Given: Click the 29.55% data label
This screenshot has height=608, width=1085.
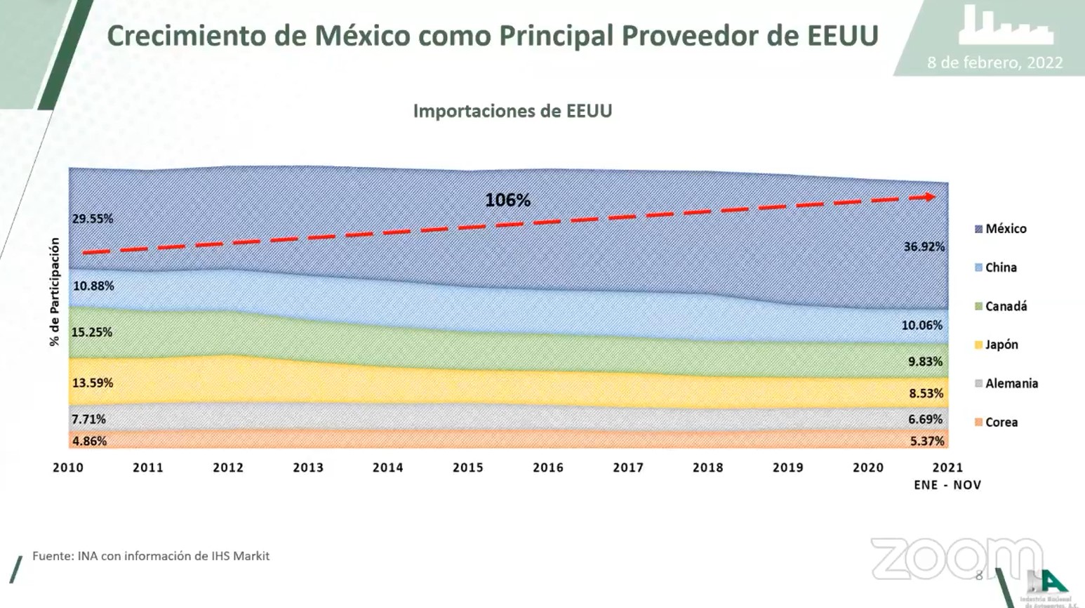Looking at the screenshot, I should [x=92, y=219].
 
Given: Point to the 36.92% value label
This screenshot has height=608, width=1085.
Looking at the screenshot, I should [x=924, y=247].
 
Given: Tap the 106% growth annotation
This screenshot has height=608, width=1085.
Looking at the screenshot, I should [x=507, y=201].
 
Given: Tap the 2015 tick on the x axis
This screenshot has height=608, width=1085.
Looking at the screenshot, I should [x=468, y=468].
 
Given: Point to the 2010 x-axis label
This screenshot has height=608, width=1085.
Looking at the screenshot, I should [x=68, y=468].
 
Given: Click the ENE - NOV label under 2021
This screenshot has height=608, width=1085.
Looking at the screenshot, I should [x=947, y=485].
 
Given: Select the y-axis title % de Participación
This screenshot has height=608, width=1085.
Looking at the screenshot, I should [x=55, y=291].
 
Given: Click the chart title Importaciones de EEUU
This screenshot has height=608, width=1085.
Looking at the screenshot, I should [x=512, y=111].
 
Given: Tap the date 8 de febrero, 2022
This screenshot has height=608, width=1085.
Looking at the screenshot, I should [x=994, y=62].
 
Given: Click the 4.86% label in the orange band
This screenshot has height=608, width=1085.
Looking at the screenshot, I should [x=89, y=442].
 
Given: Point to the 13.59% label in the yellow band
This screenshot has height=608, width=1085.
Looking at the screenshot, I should [x=92, y=383].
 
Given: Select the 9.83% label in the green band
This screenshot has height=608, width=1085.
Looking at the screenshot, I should [x=925, y=362].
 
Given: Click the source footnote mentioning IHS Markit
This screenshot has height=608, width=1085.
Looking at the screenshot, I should [x=151, y=556].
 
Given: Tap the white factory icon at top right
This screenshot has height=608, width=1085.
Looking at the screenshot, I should [x=1006, y=26].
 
